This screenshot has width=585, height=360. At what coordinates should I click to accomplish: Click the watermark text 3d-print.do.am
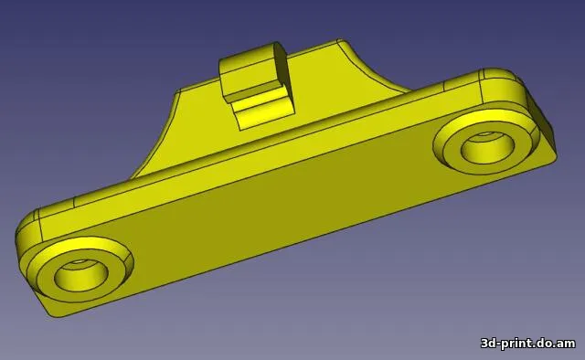[528, 343]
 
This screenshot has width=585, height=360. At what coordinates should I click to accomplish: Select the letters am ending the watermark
[567, 343]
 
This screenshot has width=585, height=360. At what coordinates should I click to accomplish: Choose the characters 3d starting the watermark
[489, 343]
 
